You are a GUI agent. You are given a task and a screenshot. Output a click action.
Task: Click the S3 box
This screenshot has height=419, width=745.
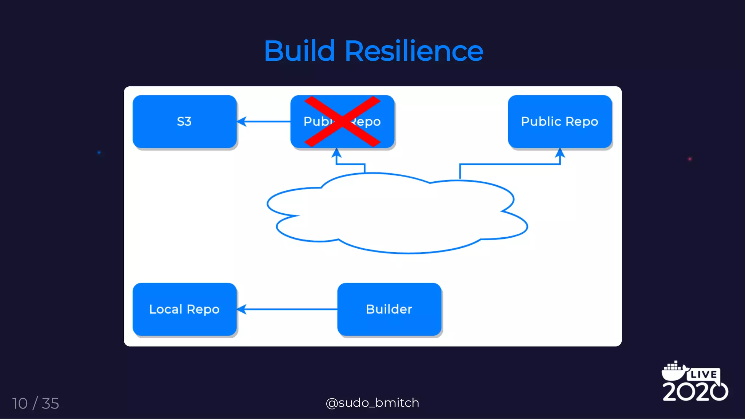click(184, 122)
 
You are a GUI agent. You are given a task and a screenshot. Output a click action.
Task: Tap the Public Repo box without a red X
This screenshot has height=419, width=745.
click(559, 122)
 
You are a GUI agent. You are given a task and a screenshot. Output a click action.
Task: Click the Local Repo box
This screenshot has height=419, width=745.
click(184, 309)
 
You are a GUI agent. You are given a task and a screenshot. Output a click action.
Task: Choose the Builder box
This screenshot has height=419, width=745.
click(389, 309)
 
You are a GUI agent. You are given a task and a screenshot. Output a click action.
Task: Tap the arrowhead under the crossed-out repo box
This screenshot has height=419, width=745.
click(336, 153)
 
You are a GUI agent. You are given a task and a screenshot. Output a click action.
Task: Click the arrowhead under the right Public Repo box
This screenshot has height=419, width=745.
click(560, 153)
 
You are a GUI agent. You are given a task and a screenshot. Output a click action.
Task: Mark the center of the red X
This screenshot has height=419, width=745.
click(342, 122)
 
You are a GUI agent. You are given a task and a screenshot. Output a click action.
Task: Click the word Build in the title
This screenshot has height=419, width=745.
click(299, 51)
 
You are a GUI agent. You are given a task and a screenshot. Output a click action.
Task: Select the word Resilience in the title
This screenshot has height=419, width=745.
click(414, 51)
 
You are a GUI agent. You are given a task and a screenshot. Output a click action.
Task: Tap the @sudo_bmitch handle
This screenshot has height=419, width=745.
click(372, 403)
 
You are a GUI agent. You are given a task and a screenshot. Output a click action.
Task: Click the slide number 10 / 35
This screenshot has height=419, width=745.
click(36, 403)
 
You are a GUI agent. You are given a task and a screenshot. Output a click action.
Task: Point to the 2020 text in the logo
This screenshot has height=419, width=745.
click(695, 391)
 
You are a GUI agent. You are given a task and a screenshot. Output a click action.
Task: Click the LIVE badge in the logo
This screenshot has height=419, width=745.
click(704, 374)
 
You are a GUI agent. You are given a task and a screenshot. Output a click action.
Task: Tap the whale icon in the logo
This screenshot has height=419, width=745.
click(673, 371)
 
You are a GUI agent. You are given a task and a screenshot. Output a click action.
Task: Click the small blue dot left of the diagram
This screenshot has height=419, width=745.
click(99, 153)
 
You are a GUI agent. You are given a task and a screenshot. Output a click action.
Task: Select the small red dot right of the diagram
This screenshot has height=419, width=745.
click(690, 159)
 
